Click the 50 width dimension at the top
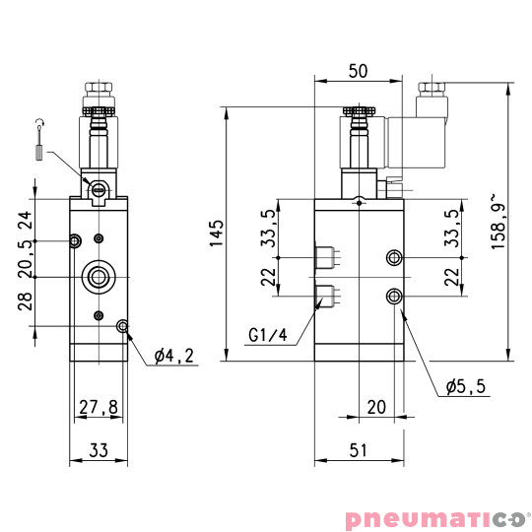point(358,73)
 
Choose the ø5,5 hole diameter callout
point(465,387)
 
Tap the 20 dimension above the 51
point(375,406)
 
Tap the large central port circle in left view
point(98,277)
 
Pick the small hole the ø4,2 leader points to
point(123,326)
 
